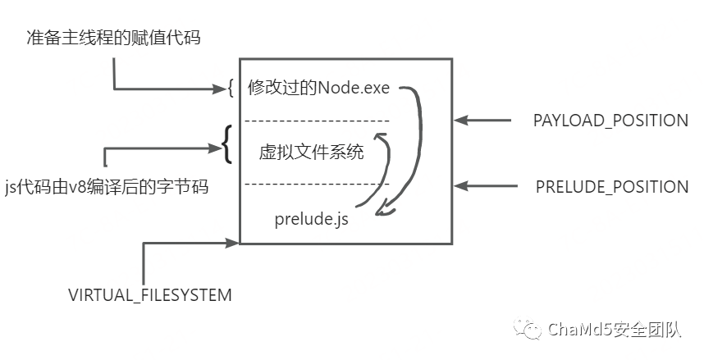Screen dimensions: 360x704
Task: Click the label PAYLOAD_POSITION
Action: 610,121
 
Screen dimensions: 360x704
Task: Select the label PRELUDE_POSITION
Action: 611,186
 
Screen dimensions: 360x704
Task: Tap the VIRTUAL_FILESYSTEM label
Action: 149,294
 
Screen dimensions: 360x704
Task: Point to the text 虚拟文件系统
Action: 311,153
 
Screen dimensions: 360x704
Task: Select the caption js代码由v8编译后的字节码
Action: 105,187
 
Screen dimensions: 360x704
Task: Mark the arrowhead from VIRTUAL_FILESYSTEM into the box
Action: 233,243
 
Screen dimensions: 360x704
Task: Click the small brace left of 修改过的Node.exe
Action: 231,88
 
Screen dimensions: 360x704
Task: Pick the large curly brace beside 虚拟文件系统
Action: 227,145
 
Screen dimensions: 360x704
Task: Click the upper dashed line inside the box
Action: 317,121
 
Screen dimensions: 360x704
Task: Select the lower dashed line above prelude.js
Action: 317,183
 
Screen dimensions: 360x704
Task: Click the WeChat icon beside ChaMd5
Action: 528,329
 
